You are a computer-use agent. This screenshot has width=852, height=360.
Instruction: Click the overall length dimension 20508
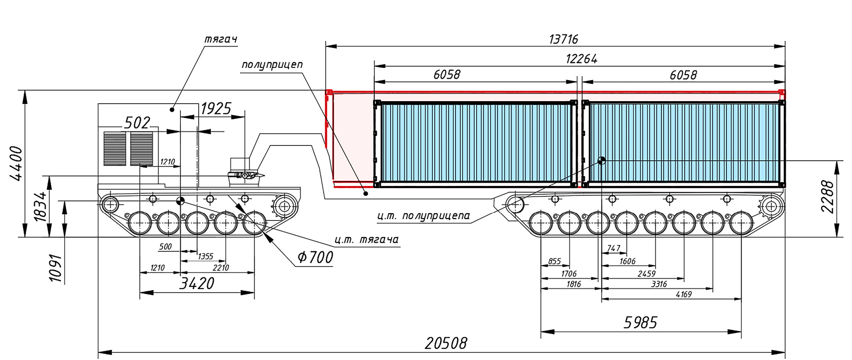[446, 343]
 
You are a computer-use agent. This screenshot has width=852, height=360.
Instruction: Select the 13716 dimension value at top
[564, 39]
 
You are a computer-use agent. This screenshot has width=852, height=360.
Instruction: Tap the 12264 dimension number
[582, 59]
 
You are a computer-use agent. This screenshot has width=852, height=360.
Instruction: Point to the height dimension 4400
[16, 164]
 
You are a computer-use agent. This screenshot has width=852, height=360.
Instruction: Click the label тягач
[221, 39]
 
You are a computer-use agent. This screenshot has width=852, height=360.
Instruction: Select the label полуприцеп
[272, 65]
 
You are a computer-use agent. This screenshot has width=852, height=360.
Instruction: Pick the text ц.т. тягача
[367, 240]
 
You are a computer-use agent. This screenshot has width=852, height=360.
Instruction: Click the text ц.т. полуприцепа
[423, 216]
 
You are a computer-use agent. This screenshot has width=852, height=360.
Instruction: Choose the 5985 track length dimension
[640, 323]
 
